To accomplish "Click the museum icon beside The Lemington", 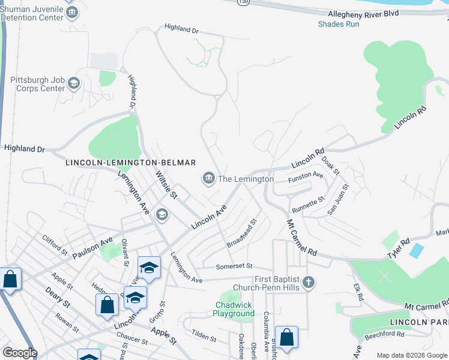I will coord(208,178).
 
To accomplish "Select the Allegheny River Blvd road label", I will coord(363,13).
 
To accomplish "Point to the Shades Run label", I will coord(339,24).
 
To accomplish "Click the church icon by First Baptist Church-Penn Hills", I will coord(308,282).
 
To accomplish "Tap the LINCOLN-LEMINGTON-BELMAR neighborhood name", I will coord(130,163).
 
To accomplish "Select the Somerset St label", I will coord(235,265).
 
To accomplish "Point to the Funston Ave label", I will coord(307,176).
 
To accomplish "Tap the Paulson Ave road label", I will coord(93,247).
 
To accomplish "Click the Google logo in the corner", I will coord(20,353).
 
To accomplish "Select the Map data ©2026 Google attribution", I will coord(412,355).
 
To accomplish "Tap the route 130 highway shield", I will coord(243,2).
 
